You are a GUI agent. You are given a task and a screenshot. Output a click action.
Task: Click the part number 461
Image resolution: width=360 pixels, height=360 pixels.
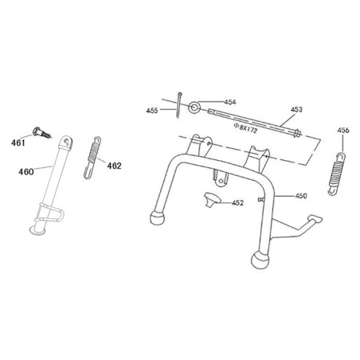click(18, 143)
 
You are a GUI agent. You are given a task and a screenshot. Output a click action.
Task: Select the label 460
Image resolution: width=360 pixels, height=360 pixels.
click(26, 172)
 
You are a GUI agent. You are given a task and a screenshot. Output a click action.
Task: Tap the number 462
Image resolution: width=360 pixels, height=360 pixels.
click(114, 166)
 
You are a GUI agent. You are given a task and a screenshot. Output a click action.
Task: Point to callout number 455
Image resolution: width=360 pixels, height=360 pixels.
click(152, 111)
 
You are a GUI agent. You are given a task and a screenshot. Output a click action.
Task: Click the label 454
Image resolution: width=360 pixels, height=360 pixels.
click(230, 102)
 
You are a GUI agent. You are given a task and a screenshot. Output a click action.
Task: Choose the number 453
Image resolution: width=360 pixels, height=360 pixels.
click(296, 109)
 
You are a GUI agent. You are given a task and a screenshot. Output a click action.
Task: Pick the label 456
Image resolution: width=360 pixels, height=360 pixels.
click(343, 131)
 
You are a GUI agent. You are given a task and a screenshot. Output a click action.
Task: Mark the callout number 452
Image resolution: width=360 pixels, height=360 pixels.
click(237, 203)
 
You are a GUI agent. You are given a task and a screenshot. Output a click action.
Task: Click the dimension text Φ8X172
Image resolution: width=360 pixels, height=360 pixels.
click(245, 128)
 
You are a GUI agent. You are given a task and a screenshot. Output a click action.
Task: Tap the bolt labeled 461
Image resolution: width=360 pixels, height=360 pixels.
click(41, 133)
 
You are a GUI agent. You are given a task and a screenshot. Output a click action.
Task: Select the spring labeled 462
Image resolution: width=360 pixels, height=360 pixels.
click(92, 158)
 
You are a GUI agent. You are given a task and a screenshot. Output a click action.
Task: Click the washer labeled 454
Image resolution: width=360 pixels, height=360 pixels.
click(194, 107)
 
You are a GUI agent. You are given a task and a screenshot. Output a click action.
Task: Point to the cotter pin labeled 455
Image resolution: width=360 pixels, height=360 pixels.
click(178, 104)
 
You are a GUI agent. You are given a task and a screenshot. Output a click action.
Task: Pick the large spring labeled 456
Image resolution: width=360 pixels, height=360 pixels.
click(336, 174)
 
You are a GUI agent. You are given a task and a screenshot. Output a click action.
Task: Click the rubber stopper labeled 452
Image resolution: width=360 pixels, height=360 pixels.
click(211, 200)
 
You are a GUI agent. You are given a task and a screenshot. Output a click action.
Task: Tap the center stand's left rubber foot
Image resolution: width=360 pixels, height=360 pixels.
click(157, 218)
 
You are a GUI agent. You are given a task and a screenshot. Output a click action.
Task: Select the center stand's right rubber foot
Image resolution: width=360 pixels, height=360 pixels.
click(260, 260)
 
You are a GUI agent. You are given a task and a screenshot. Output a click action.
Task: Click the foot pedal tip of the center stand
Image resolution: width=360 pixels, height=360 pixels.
click(315, 219)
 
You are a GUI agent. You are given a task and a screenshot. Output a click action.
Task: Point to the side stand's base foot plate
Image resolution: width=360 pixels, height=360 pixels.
click(37, 231)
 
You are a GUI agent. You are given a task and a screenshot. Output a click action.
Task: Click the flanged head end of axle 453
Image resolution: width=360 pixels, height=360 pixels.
click(297, 133)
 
